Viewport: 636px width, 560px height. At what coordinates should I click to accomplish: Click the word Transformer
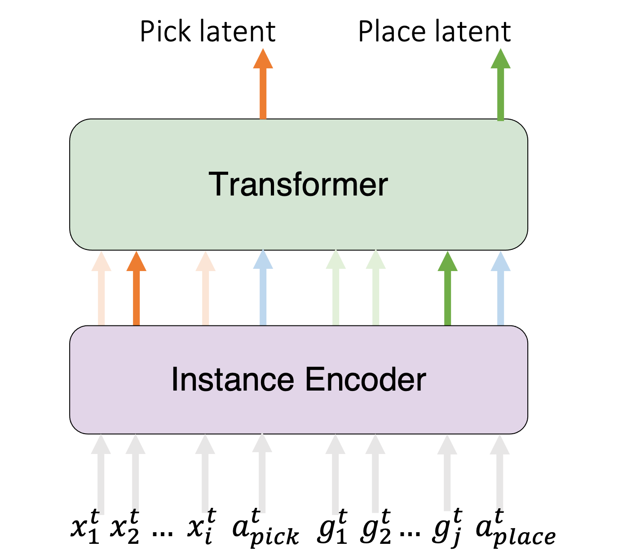pyautogui.click(x=298, y=184)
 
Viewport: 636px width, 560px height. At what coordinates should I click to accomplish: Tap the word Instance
pyautogui.click(x=232, y=380)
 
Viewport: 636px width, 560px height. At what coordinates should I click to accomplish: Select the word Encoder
pyautogui.click(x=365, y=380)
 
